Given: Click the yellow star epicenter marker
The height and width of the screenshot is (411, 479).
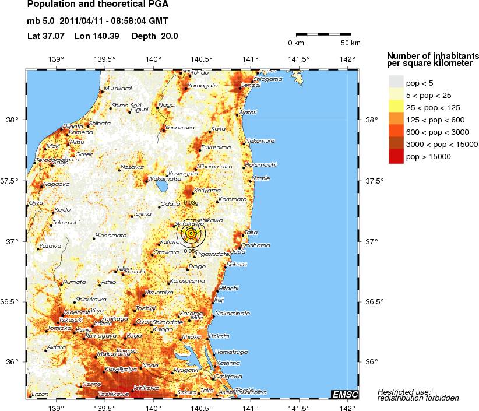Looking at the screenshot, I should (x=191, y=233).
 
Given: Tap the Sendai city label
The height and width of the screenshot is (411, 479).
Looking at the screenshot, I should (x=250, y=85).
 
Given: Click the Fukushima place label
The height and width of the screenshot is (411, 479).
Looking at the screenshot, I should (x=216, y=147).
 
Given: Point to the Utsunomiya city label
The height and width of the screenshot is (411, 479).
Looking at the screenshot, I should (x=159, y=291).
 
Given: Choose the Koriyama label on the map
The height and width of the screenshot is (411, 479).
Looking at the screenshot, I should (x=207, y=190).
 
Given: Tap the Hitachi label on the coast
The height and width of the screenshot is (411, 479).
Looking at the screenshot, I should (x=228, y=288).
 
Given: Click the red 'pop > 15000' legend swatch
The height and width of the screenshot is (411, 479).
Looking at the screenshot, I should (x=396, y=156).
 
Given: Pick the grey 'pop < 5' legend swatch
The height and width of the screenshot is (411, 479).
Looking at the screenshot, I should (x=396, y=83).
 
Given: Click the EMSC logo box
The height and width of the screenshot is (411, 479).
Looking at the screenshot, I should (x=344, y=395).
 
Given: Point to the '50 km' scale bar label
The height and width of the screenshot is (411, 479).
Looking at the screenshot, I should (x=350, y=43).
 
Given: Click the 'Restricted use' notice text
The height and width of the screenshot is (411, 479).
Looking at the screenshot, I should (x=404, y=391).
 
